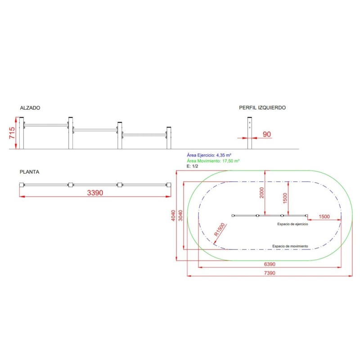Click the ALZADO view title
30,108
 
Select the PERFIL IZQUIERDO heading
262,108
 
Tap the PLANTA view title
30,172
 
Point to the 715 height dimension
13,134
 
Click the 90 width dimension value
266,134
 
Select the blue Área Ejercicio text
206,155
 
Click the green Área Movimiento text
212,160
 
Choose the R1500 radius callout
220,230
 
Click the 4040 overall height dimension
174,216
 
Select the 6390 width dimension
269,264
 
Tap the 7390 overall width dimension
269,273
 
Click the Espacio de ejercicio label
292,224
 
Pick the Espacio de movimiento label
290,246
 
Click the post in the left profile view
249,134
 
